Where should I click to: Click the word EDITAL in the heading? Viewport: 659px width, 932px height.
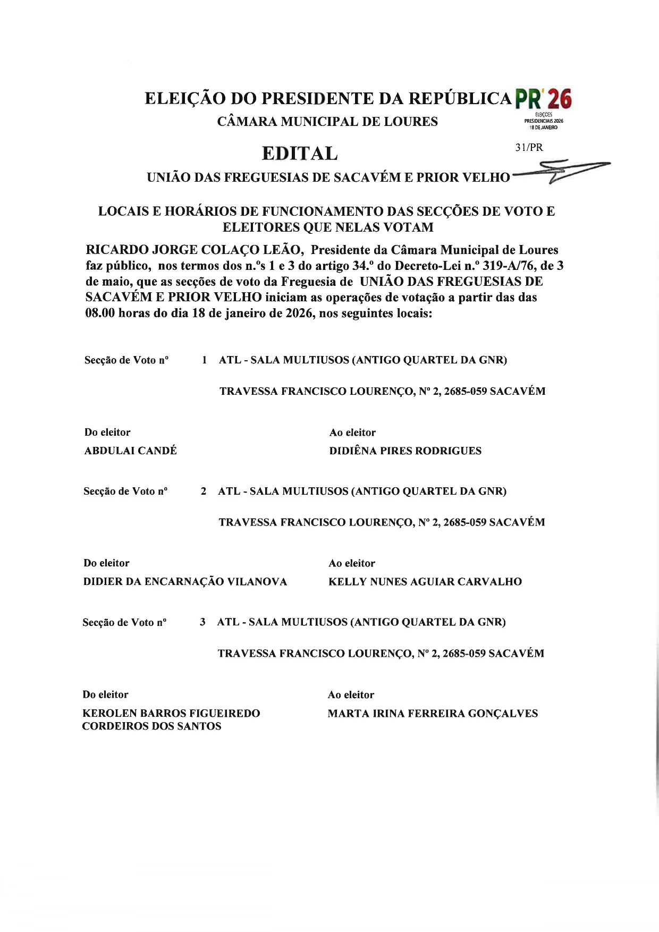pos(300,154)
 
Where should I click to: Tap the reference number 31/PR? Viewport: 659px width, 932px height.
pos(529,148)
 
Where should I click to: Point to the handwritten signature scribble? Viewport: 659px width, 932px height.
pos(563,171)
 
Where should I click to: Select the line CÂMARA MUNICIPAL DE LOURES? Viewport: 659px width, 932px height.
pos(327,122)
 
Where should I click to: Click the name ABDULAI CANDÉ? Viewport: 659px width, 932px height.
pos(131,451)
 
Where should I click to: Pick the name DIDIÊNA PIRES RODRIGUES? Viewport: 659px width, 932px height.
pos(405,451)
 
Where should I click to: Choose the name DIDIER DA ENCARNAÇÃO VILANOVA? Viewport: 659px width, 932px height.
pos(185,582)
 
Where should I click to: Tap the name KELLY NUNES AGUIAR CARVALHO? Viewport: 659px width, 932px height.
pos(425,582)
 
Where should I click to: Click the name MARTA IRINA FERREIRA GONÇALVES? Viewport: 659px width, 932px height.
pos(433,714)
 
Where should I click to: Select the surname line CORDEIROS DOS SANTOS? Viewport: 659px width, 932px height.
pos(151,726)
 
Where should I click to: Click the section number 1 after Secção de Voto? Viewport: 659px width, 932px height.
pos(205,360)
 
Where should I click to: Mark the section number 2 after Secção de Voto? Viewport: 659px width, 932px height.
pos(204,492)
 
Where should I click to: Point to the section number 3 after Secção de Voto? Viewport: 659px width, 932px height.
pos(202,622)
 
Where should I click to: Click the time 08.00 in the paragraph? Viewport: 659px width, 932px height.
pos(100,313)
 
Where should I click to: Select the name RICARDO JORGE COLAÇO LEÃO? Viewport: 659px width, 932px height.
pos(194,250)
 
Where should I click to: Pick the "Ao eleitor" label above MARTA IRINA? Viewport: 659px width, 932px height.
pos(351,695)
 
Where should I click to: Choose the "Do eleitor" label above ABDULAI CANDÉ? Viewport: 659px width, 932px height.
pos(107,433)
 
